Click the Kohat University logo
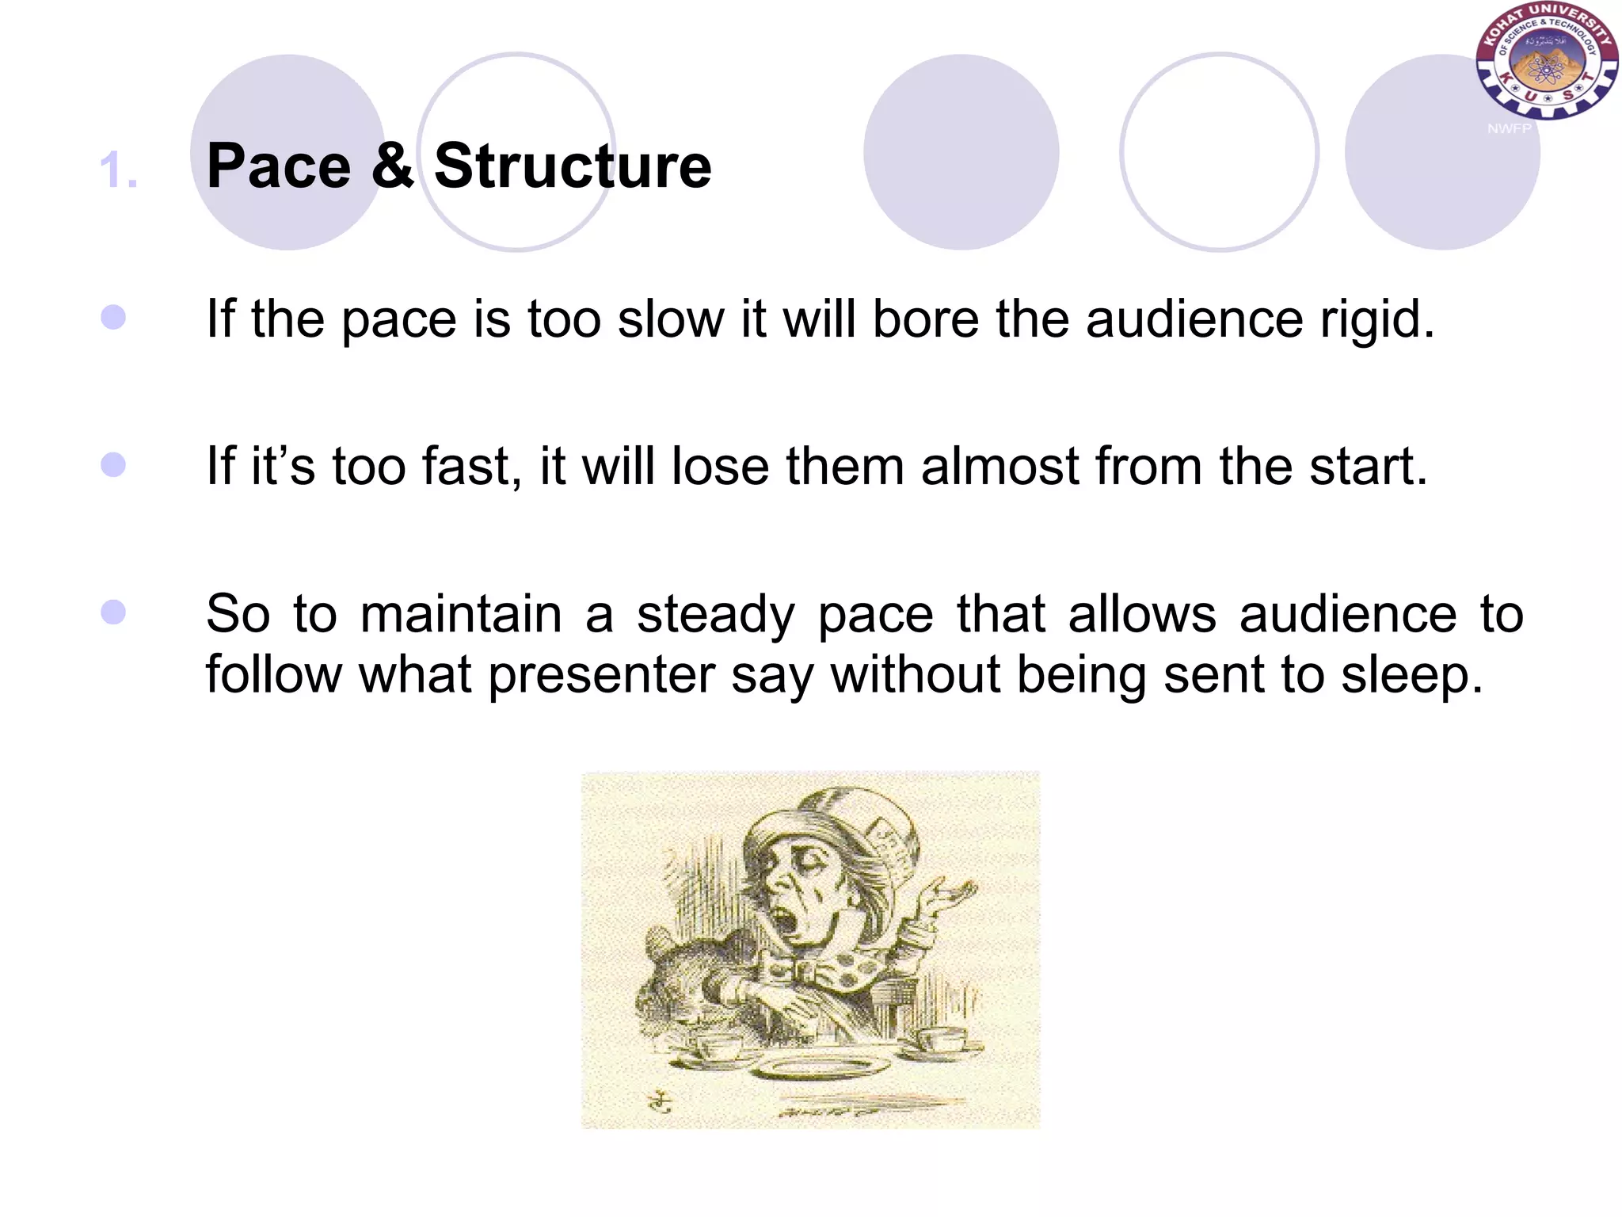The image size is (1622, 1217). click(1545, 62)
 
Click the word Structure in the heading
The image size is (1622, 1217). click(573, 166)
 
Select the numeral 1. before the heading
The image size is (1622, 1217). click(119, 170)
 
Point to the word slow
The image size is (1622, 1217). click(671, 319)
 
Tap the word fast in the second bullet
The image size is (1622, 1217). click(471, 466)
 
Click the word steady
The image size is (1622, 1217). click(715, 615)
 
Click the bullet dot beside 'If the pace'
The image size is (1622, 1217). click(113, 318)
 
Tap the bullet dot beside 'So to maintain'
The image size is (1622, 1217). click(113, 612)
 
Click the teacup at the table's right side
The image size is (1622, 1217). click(942, 1038)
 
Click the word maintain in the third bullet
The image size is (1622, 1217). click(461, 615)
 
